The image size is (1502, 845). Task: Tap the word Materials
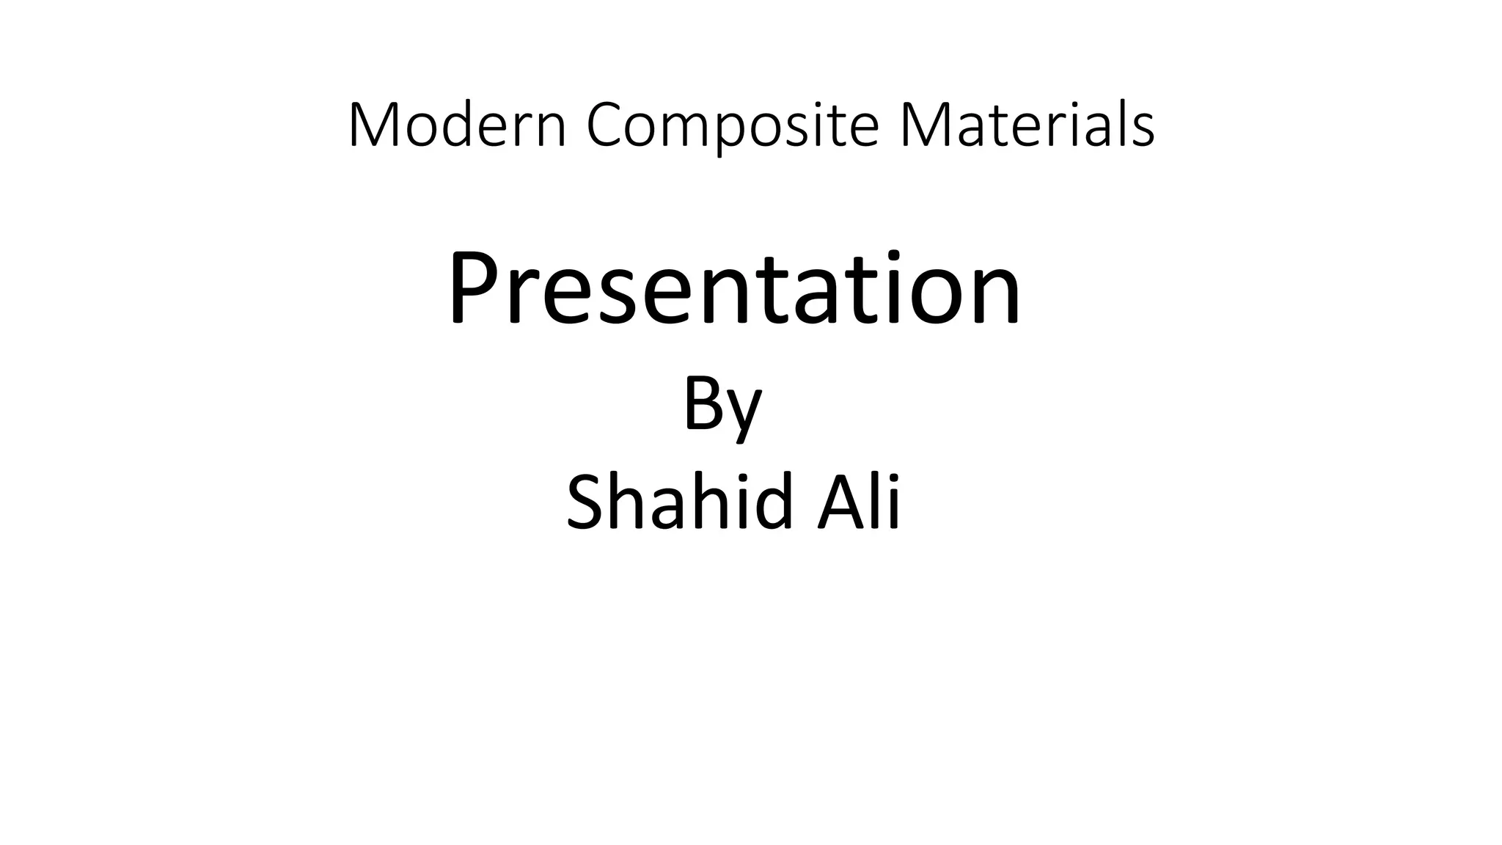coord(1027,125)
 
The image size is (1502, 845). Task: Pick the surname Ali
coord(859,502)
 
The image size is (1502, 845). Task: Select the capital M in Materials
coord(923,125)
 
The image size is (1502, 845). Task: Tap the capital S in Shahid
coord(587,502)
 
